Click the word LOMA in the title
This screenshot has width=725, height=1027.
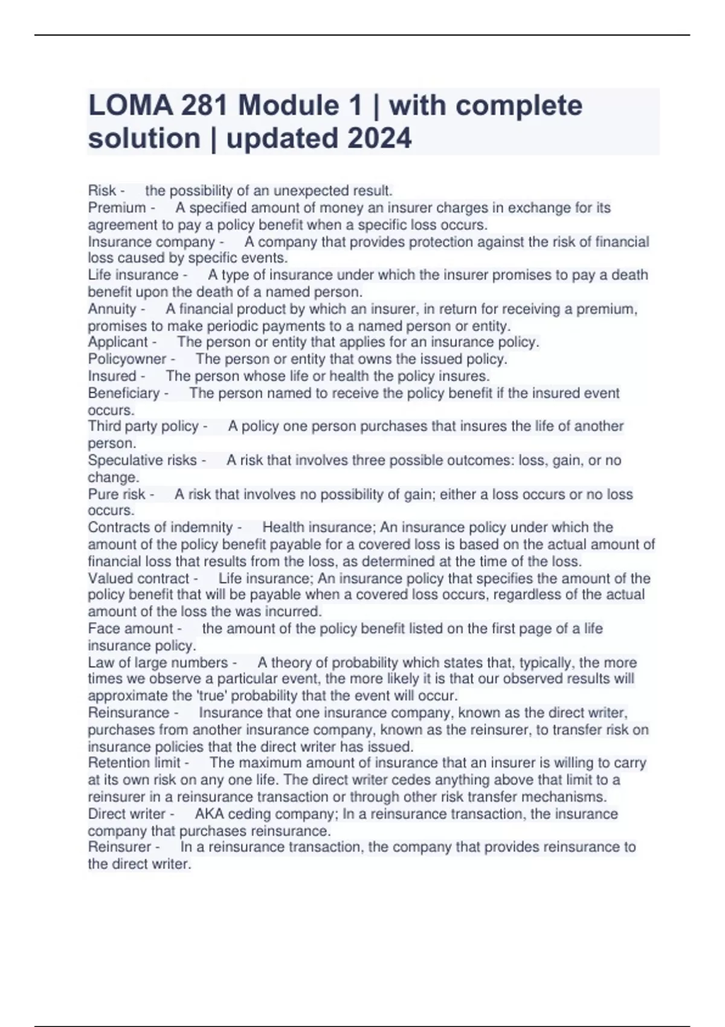pos(123,106)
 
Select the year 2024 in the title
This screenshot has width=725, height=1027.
pos(379,138)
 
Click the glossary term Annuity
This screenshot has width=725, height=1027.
pos(112,309)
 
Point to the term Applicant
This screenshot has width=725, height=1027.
pos(118,342)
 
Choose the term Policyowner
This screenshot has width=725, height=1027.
pos(127,359)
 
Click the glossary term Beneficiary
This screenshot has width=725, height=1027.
pos(124,393)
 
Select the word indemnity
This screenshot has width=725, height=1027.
pos(202,527)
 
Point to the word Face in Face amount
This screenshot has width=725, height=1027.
pos(102,629)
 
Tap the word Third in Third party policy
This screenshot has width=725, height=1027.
pos(105,427)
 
